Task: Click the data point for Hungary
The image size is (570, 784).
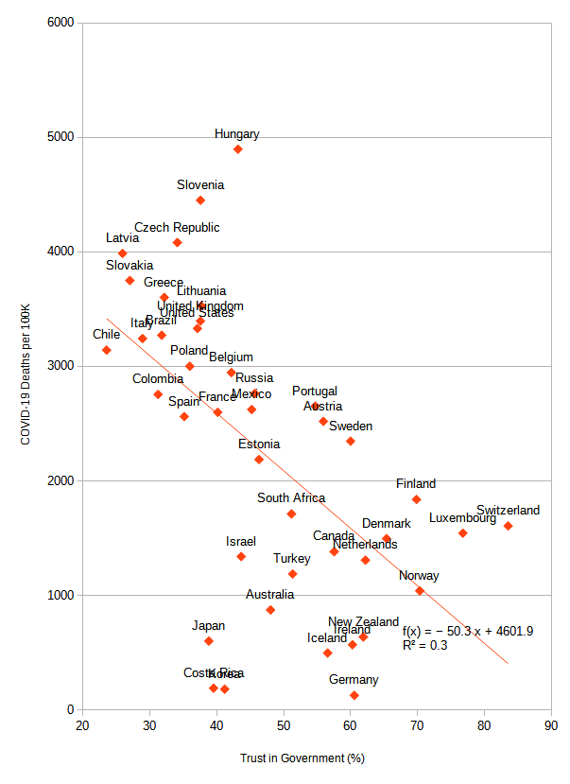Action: [238, 149]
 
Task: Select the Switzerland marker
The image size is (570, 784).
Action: [508, 526]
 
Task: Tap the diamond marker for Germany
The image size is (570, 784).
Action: [354, 695]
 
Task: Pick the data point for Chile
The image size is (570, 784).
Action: [107, 350]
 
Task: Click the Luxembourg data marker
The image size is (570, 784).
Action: [463, 533]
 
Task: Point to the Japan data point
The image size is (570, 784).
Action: [209, 641]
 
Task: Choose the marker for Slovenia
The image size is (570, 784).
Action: [200, 200]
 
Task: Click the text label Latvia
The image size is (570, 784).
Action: [122, 238]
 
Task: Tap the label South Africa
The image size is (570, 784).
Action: [291, 498]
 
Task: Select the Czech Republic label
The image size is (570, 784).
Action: [177, 228]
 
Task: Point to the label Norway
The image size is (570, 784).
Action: [419, 576]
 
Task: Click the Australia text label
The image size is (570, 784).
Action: [269, 595]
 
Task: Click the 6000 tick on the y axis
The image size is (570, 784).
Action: [61, 23]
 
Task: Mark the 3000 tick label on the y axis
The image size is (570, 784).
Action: [61, 366]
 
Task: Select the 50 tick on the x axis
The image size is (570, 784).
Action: [284, 726]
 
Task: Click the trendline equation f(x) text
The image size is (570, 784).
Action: [468, 632]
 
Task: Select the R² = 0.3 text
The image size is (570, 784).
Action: [424, 646]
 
